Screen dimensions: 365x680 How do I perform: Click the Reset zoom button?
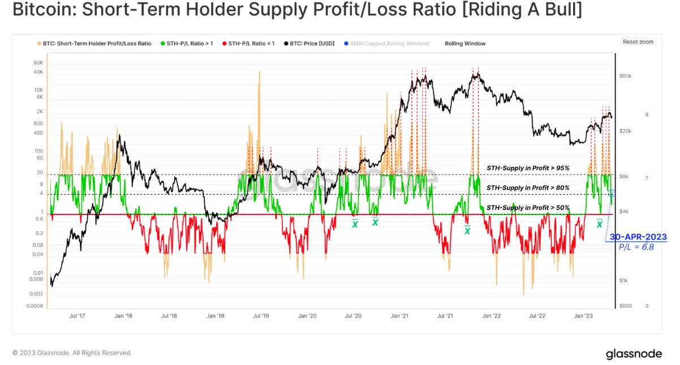click(638, 42)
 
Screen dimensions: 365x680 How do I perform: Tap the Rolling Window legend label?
click(465, 44)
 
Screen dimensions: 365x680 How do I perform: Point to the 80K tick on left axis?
click(39, 63)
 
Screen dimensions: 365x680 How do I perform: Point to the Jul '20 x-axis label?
click(353, 316)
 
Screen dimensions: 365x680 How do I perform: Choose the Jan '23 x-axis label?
click(584, 316)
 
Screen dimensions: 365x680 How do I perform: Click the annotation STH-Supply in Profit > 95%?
click(528, 169)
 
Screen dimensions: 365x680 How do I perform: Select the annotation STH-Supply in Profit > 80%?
click(528, 188)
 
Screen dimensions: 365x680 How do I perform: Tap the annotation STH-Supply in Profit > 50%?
click(528, 208)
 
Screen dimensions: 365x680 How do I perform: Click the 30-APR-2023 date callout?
click(638, 237)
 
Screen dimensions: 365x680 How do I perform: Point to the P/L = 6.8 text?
click(636, 247)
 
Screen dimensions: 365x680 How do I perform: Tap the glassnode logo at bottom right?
click(634, 354)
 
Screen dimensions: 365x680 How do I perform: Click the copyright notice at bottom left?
click(72, 353)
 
